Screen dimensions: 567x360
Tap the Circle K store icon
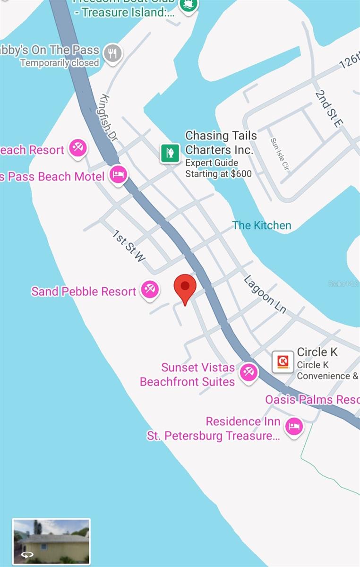click(x=283, y=362)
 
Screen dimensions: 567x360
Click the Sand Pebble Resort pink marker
click(x=150, y=289)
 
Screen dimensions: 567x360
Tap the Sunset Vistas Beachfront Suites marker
click(x=248, y=372)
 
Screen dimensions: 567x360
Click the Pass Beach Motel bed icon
click(x=118, y=175)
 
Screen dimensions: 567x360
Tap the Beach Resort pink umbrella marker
click(x=77, y=148)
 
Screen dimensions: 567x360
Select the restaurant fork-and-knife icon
click(x=112, y=54)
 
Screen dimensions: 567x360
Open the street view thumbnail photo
click(x=51, y=541)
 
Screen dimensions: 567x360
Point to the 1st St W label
click(x=129, y=246)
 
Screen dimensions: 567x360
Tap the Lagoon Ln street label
click(x=265, y=294)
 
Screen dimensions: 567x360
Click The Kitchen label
click(x=262, y=225)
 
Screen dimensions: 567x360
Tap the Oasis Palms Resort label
click(x=312, y=400)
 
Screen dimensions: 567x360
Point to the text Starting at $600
click(x=218, y=173)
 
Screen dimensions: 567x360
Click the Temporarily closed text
click(x=60, y=63)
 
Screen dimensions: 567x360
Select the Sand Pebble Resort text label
click(x=84, y=292)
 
